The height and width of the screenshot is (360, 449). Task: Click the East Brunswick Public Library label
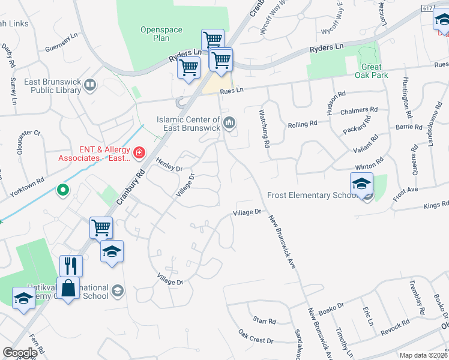click(x=52, y=86)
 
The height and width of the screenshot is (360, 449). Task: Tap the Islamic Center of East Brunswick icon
click(x=229, y=124)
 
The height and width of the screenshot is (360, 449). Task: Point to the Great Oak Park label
click(x=375, y=71)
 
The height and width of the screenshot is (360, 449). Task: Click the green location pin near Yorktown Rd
click(x=62, y=191)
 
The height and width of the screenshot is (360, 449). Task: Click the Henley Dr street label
click(x=169, y=164)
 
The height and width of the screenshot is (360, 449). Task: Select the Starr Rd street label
click(x=264, y=321)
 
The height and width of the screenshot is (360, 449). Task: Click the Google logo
click(x=20, y=352)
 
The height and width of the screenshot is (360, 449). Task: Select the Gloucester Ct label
click(x=29, y=133)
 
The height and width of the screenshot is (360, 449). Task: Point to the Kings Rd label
click(x=436, y=205)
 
